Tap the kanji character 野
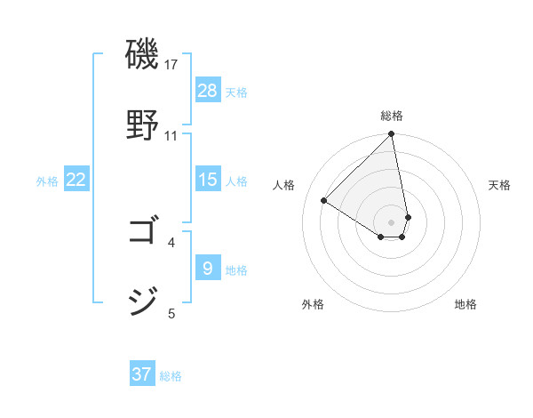click(143, 124)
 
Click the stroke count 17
click(171, 65)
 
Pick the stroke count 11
click(171, 135)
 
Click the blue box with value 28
click(208, 91)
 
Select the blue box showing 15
click(208, 180)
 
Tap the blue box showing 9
click(208, 269)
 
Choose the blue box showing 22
click(76, 180)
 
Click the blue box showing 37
click(142, 374)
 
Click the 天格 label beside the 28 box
click(236, 92)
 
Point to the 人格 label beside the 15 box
click(236, 181)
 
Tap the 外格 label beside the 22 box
click(47, 181)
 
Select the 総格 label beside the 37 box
click(171, 375)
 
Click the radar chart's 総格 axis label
click(392, 116)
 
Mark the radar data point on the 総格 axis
click(392, 135)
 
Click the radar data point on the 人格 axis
click(324, 200)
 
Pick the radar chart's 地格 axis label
click(465, 304)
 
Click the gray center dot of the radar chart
click(392, 221)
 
